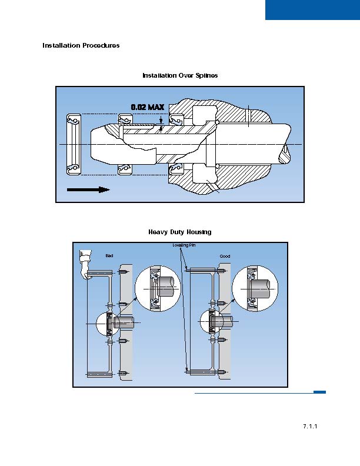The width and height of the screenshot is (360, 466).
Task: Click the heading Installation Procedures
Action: [81, 45]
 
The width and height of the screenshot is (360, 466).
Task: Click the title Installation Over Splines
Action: [180, 75]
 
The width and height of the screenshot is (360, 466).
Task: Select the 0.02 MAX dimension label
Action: [147, 107]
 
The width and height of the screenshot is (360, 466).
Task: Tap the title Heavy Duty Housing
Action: [180, 232]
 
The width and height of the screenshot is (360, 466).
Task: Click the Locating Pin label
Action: [184, 245]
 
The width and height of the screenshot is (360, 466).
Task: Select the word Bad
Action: [109, 256]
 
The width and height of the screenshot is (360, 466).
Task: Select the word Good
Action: [225, 257]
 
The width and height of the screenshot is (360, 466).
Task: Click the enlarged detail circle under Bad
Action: [157, 288]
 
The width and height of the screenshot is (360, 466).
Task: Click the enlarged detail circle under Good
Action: [255, 288]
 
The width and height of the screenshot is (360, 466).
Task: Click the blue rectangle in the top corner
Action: [312, 10]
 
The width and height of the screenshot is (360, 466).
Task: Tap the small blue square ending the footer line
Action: [319, 392]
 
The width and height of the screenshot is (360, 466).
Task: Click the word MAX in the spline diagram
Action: [156, 107]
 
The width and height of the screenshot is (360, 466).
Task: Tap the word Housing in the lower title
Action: [199, 232]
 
